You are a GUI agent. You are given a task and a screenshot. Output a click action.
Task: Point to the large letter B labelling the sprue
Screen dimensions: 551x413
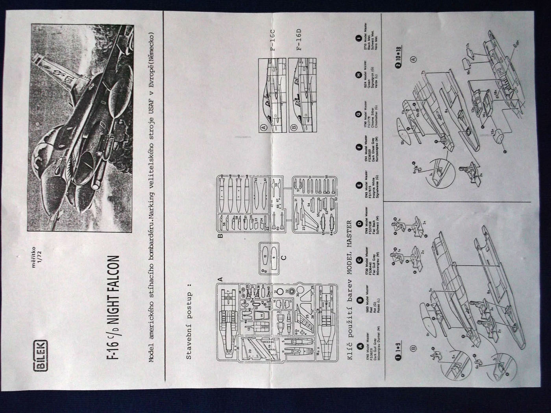220,236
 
